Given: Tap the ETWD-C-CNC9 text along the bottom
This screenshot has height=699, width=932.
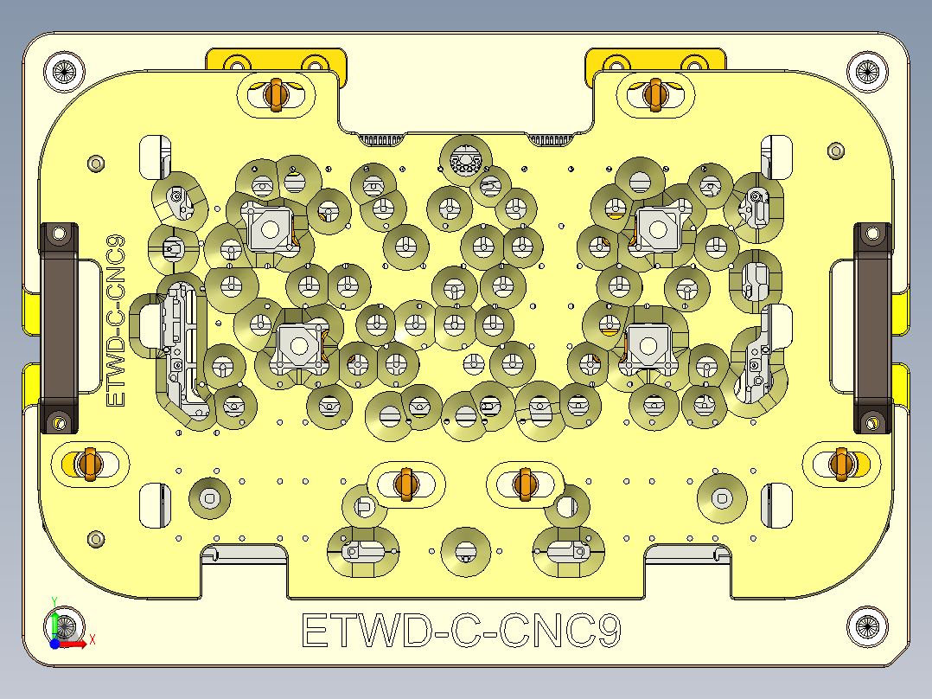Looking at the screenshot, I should (461, 631).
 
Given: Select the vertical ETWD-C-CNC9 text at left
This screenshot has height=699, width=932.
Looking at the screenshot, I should (115, 321).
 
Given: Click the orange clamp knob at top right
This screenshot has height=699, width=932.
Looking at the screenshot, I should (654, 93).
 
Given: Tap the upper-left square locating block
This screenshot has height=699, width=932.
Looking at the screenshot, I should (269, 229).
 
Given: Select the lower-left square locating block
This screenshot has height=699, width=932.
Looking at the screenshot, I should (298, 345).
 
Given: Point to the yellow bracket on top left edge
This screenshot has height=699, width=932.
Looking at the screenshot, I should (276, 60).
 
